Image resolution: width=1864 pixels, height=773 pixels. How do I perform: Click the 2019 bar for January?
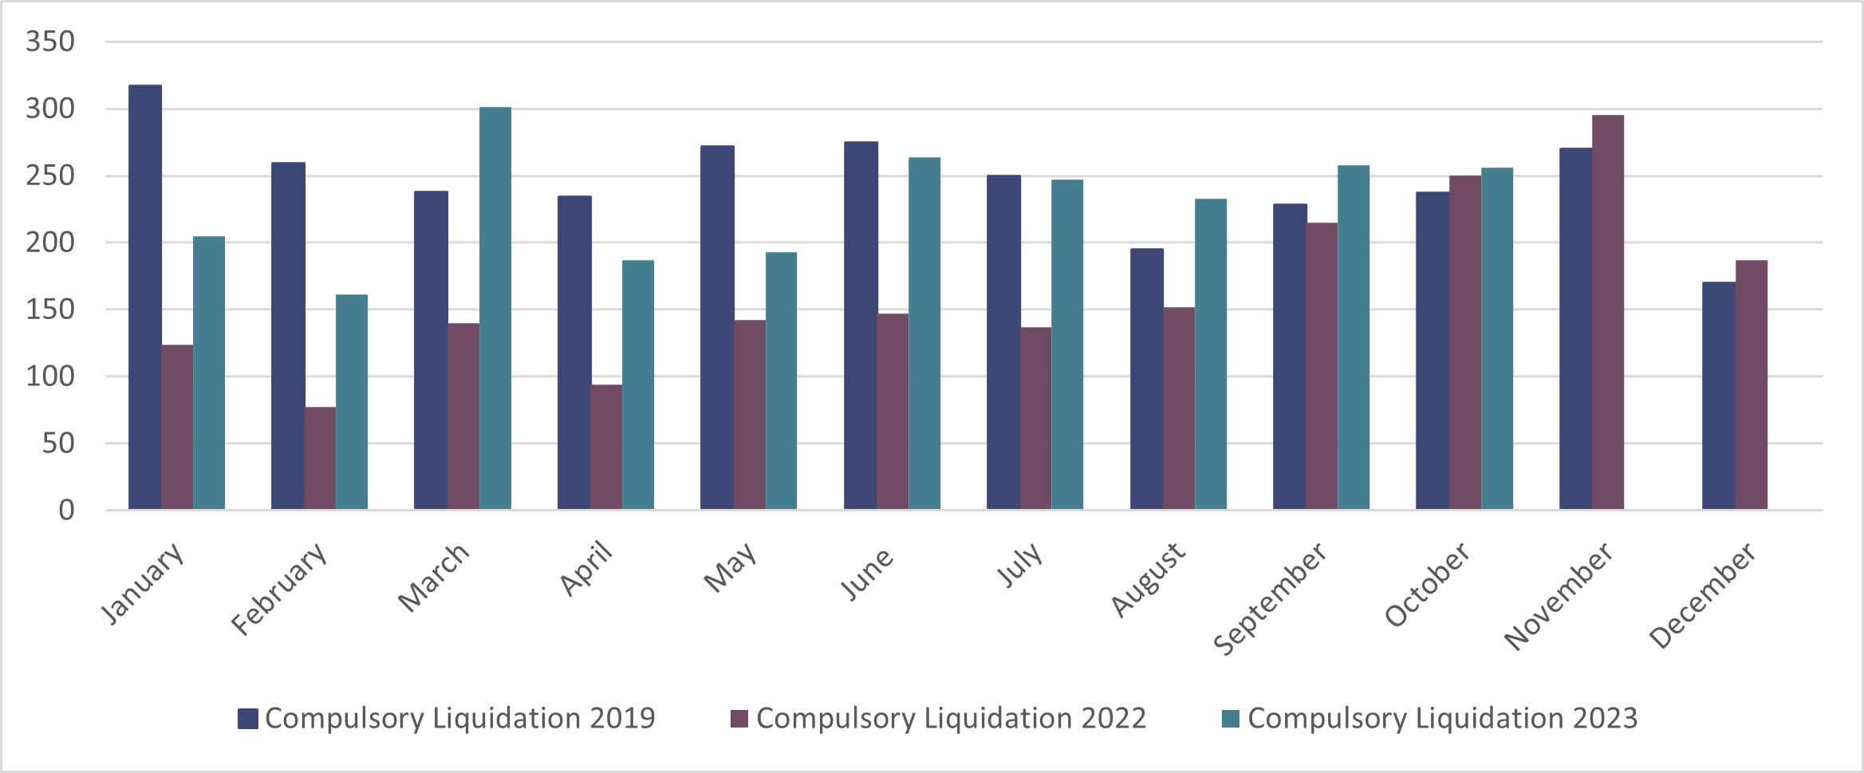[x=144, y=297]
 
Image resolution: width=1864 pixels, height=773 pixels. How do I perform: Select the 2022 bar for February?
[x=320, y=458]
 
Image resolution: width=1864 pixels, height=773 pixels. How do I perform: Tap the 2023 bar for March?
[x=495, y=308]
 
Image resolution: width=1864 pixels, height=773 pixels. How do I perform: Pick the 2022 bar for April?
[x=606, y=447]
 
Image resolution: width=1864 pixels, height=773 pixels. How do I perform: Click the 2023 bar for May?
[x=781, y=381]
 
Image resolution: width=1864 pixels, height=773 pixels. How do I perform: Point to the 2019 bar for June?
[x=861, y=325]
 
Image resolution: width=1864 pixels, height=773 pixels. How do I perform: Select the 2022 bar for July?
[x=1035, y=418]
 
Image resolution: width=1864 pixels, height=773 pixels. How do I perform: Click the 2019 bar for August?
[x=1146, y=379]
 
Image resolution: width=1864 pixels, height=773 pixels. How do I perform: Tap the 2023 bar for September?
[x=1354, y=337]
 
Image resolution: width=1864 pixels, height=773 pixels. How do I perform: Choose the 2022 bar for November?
[x=1607, y=312]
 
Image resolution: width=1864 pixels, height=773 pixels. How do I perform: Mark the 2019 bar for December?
[x=1718, y=396]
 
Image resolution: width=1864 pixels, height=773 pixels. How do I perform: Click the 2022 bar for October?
[x=1464, y=342]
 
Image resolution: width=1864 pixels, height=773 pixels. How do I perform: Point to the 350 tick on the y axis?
[x=50, y=41]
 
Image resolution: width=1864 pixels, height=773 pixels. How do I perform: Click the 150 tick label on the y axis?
[x=50, y=310]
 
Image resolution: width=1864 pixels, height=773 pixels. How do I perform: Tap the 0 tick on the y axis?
[x=66, y=511]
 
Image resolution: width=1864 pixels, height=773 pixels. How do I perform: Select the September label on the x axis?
[x=1270, y=598]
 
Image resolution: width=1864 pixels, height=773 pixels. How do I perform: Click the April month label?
[x=586, y=568]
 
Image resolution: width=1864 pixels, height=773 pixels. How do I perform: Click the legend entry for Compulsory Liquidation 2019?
[x=447, y=718]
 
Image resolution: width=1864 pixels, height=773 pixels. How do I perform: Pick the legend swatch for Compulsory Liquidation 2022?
[x=739, y=719]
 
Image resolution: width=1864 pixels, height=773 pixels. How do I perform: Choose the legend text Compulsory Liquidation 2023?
[x=1442, y=718]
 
